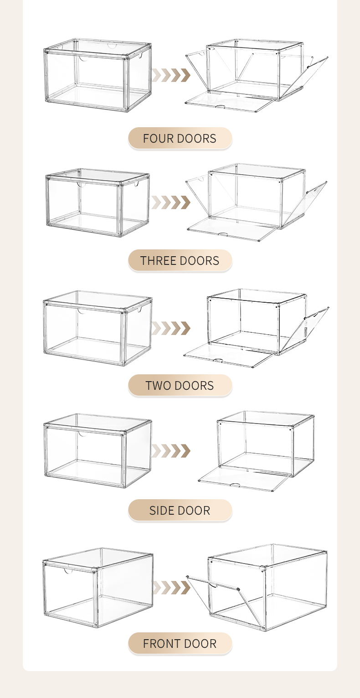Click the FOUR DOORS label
(x=180, y=139)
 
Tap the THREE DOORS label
(x=180, y=261)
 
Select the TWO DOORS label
(x=180, y=386)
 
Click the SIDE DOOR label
(x=180, y=511)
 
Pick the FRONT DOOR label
(x=180, y=644)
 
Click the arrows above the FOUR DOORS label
(x=171, y=75)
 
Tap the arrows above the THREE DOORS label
(x=171, y=202)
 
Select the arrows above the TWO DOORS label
(x=171, y=328)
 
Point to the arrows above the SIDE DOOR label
(x=171, y=451)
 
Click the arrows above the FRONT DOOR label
(x=171, y=588)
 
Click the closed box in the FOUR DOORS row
(x=98, y=75)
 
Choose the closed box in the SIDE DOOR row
(x=98, y=450)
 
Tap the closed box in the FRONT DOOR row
(x=98, y=587)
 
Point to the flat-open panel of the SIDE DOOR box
(x=244, y=479)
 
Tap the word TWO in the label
(x=156, y=386)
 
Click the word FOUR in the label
(x=157, y=139)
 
